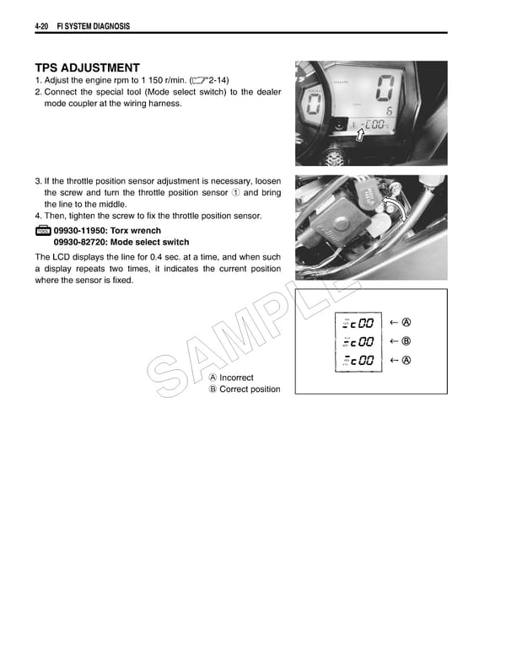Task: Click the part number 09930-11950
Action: (86, 230)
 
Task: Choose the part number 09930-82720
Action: (86, 242)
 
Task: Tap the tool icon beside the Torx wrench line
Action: (43, 231)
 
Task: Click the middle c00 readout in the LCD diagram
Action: (360, 342)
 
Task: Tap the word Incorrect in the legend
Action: (236, 378)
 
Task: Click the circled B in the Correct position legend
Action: (213, 389)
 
